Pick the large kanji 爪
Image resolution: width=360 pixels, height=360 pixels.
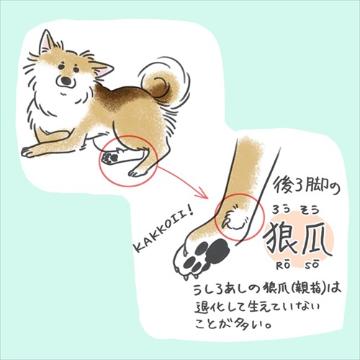click(x=317, y=239)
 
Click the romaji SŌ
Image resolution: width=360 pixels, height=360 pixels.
click(x=316, y=267)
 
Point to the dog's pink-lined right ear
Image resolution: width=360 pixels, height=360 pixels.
click(x=102, y=69)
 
